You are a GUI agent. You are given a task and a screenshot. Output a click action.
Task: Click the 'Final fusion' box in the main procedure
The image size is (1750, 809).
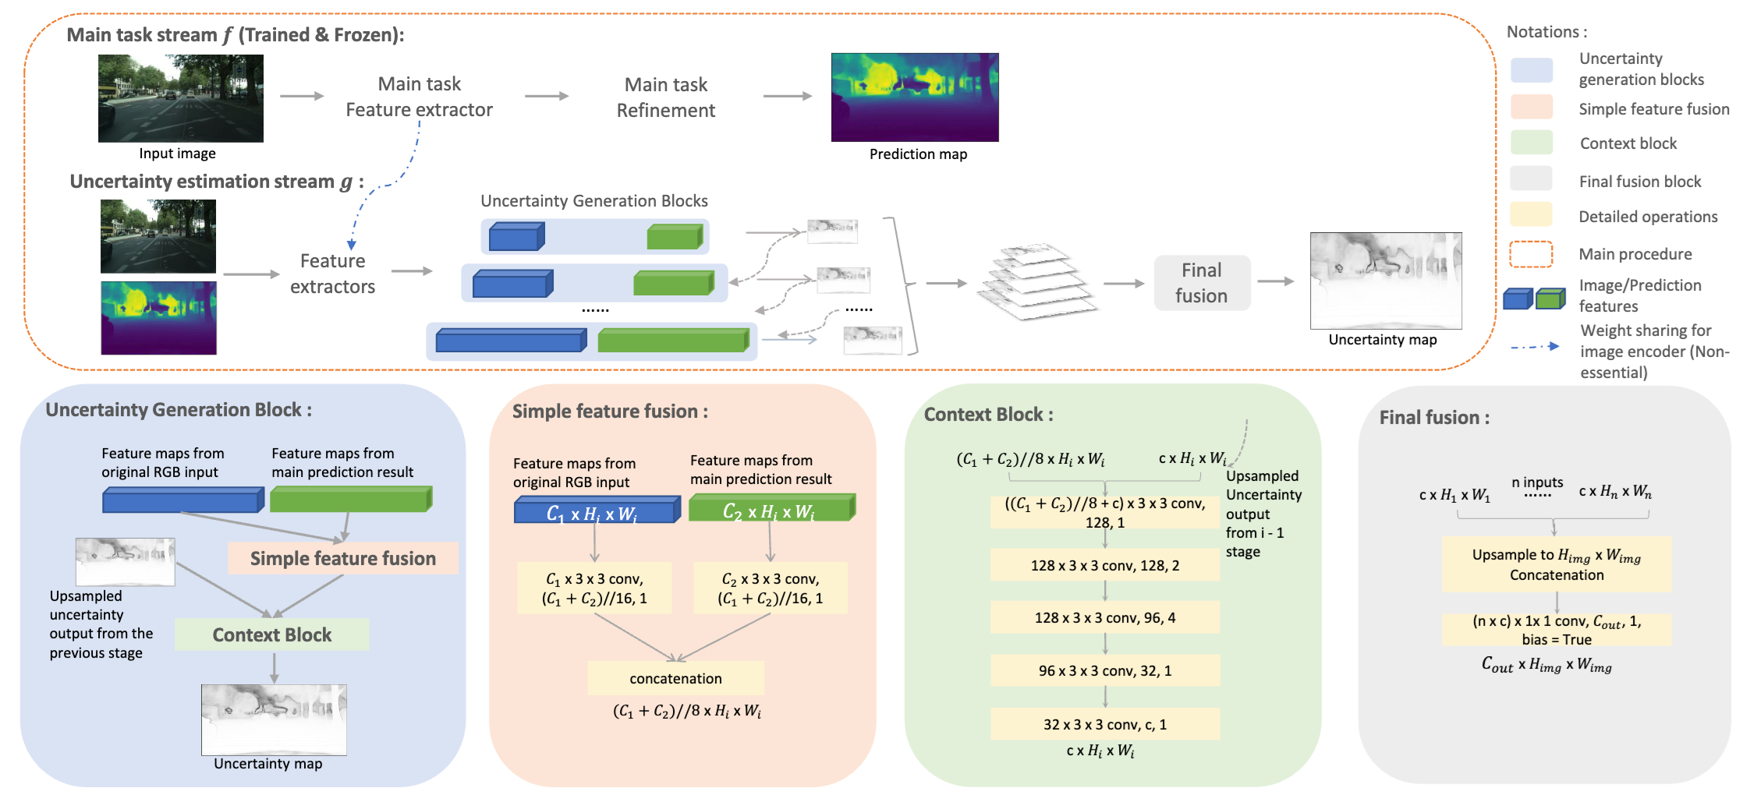point(1202,283)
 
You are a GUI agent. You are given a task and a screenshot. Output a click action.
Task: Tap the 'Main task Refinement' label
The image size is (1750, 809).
point(666,97)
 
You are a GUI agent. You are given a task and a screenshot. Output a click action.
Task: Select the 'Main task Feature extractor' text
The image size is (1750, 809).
point(420,97)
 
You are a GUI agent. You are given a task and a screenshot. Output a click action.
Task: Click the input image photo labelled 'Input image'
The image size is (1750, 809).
point(181,98)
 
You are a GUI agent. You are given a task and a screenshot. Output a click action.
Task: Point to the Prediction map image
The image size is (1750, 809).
point(915,97)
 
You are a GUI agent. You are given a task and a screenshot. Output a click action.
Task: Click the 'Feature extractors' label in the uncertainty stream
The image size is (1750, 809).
point(333,274)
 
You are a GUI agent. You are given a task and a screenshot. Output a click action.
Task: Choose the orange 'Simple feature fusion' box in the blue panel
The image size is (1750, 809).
point(342,559)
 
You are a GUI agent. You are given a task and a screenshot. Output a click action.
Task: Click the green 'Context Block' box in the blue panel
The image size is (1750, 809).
point(272,635)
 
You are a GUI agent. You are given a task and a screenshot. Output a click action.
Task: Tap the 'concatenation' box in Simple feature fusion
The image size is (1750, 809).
point(676,678)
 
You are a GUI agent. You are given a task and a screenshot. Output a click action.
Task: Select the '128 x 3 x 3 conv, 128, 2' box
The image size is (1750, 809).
point(1105,565)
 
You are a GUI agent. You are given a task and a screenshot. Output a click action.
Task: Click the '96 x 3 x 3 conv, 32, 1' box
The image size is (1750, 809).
point(1105,670)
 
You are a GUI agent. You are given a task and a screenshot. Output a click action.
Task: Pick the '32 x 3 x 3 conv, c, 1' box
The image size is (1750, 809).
point(1105,724)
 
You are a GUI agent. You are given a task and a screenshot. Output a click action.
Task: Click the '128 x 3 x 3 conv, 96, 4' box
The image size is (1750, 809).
point(1105,617)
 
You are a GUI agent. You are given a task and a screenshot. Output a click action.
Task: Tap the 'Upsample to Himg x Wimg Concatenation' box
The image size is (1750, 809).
point(1557,564)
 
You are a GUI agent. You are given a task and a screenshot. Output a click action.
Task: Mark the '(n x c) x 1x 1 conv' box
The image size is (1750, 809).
point(1557,630)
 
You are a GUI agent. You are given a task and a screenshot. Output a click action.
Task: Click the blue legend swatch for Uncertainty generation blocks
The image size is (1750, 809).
point(1532,69)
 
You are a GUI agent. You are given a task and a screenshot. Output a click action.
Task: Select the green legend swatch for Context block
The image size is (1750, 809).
point(1532,143)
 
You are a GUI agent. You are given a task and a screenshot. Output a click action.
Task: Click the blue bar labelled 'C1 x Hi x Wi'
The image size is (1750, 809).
point(597,510)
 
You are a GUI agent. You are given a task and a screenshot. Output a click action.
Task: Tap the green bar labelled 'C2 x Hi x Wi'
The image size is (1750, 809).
point(773,508)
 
